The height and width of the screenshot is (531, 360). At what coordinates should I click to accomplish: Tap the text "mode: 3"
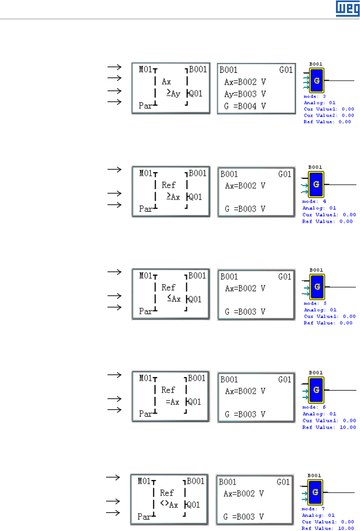[313, 97]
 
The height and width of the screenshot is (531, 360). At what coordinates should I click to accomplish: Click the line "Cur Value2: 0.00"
[329, 115]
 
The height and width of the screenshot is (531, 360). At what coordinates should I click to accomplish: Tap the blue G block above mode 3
[316, 81]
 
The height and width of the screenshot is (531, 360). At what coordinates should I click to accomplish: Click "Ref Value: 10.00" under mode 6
[330, 426]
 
